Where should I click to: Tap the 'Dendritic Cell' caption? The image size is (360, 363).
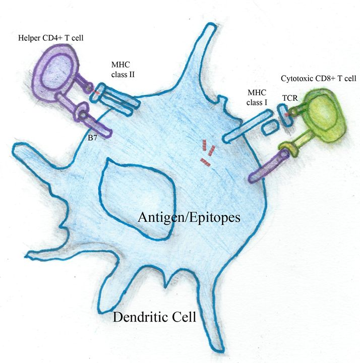pos(154,318)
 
